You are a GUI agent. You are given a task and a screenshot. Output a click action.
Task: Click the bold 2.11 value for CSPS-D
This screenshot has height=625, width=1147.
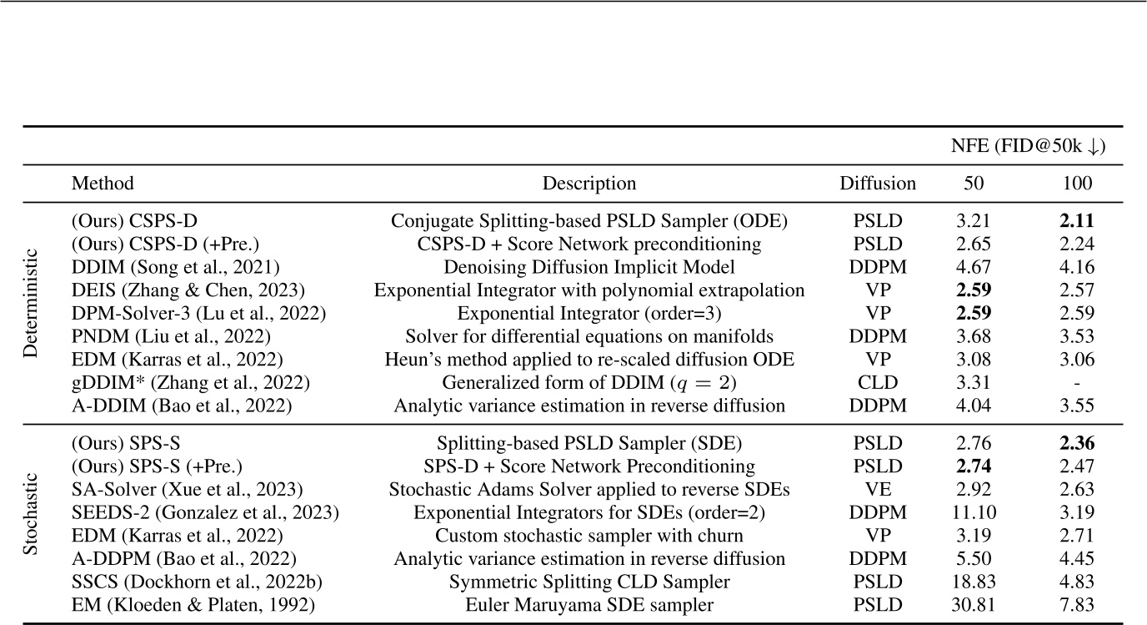click(x=1072, y=222)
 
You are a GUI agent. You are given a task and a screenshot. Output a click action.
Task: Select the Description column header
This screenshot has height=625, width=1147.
click(x=589, y=184)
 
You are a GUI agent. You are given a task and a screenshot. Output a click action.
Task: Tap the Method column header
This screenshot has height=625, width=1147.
click(x=103, y=184)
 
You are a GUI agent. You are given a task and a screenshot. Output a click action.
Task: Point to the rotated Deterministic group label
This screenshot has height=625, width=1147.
click(x=31, y=314)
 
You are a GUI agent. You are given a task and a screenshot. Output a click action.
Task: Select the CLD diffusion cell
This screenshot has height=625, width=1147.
click(x=878, y=384)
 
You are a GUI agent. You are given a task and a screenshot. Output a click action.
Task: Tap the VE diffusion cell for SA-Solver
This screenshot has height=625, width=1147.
click(x=878, y=489)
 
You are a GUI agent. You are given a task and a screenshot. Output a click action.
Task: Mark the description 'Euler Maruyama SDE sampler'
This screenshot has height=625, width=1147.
click(x=589, y=604)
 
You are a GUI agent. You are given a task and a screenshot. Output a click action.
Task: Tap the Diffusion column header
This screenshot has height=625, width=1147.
click(x=878, y=184)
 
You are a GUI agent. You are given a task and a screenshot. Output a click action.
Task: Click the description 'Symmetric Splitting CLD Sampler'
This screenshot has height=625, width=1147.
click(x=589, y=581)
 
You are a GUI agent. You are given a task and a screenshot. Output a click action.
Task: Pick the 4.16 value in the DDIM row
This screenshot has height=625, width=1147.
click(x=1072, y=268)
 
